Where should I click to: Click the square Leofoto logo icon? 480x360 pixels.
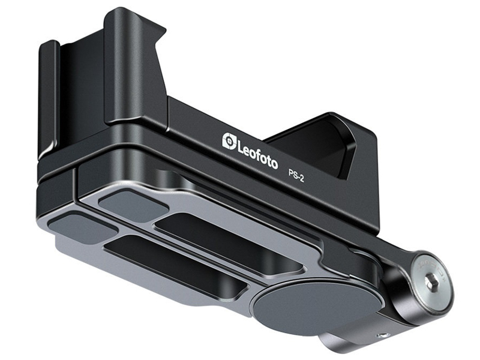pos(230,141)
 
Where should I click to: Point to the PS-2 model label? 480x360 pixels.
pos(296,176)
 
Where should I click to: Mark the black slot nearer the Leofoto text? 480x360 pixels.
pos(230,242)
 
